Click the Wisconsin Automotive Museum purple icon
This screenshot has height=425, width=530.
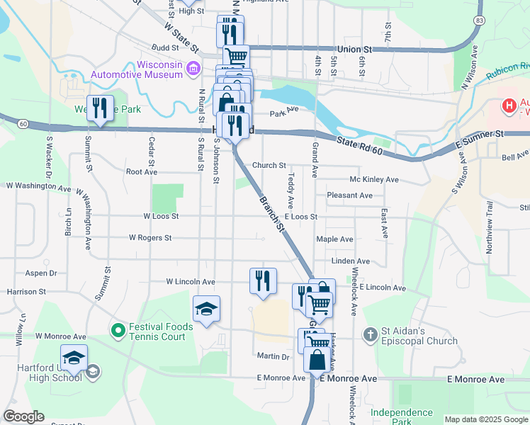[x=192, y=69]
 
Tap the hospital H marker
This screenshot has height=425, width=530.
[x=508, y=106]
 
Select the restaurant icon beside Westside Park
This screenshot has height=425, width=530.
[x=100, y=108]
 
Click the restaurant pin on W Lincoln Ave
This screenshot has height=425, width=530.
[x=263, y=280]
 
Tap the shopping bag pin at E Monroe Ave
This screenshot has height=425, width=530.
[x=318, y=359]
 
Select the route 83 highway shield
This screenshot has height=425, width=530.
[x=480, y=21]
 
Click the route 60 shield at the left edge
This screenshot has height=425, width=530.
[x=23, y=124]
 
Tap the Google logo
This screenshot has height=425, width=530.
[x=23, y=416]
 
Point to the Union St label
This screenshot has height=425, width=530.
[x=354, y=50]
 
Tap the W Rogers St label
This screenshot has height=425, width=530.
[x=150, y=238]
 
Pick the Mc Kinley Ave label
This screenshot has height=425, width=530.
[x=374, y=180]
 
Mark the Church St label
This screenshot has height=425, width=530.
[x=269, y=166]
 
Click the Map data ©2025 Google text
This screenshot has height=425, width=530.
[x=485, y=419]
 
